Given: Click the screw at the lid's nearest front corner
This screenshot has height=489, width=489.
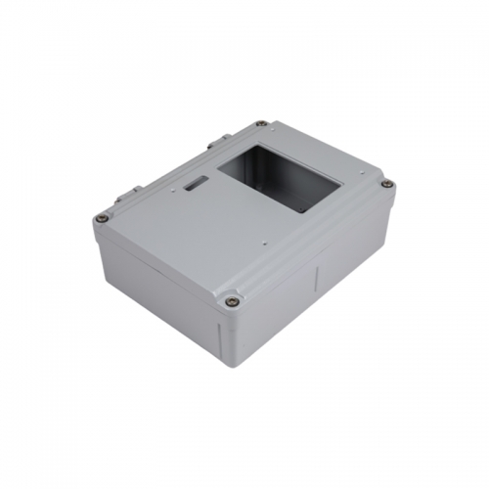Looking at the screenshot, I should pyautogui.click(x=231, y=301).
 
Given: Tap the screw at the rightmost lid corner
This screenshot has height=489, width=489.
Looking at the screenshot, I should pyautogui.click(x=387, y=184).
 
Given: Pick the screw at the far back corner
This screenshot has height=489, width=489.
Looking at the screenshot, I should pyautogui.click(x=260, y=124).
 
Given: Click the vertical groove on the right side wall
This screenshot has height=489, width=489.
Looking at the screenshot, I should pyautogui.click(x=315, y=286).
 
